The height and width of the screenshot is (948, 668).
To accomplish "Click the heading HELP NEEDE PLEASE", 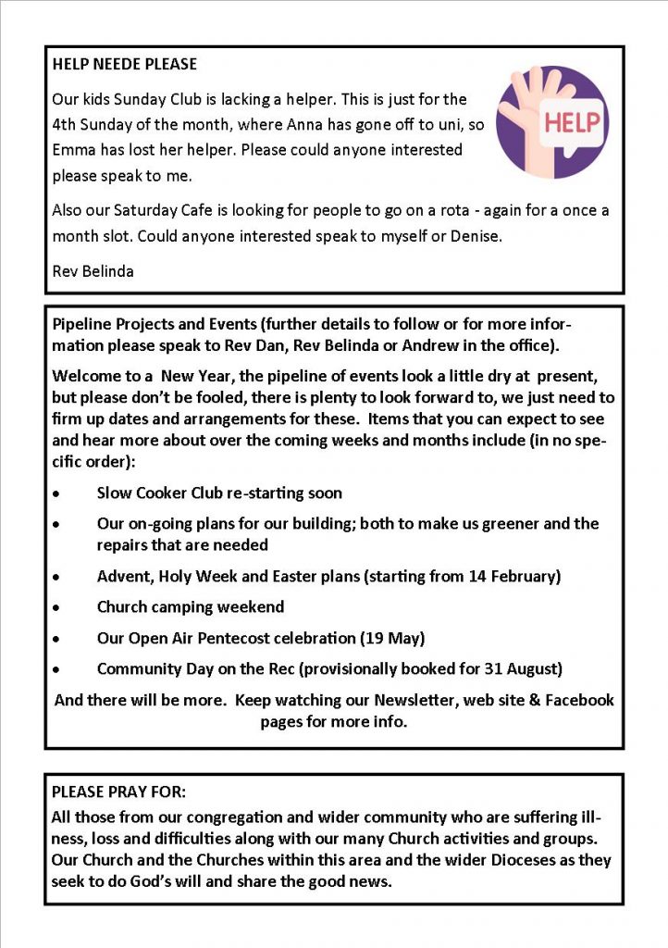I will [124, 65].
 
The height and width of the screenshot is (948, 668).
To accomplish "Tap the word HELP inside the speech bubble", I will [572, 122].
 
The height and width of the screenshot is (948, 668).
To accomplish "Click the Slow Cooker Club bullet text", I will [219, 493].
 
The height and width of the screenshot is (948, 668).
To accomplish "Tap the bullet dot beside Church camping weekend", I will [58, 608].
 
